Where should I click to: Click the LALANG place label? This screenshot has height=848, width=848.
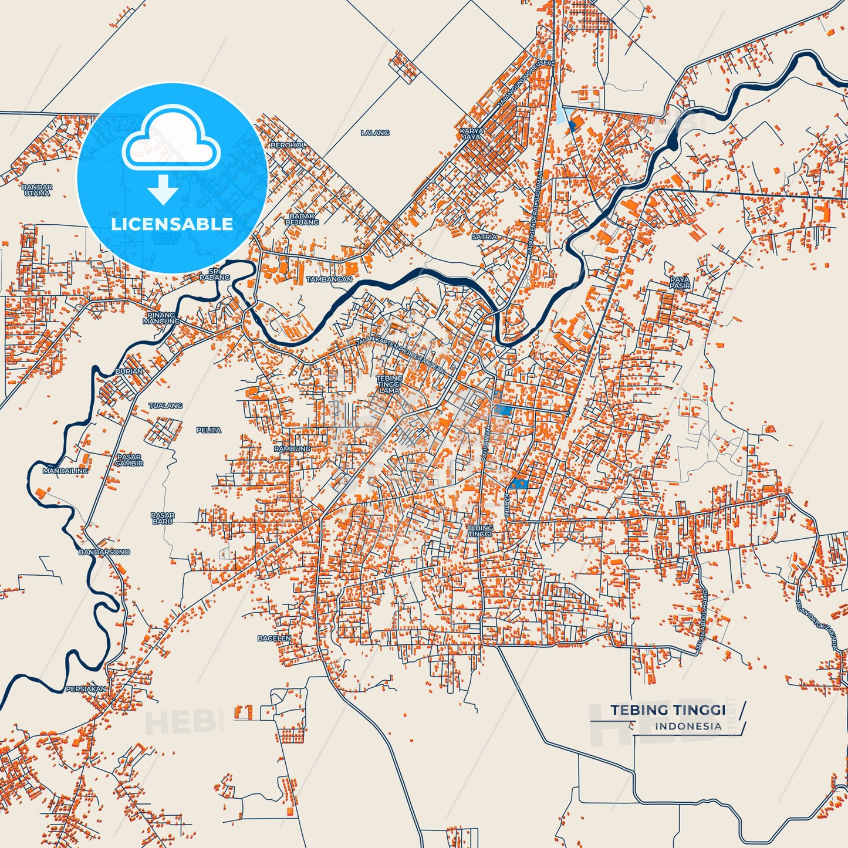tap(375, 133)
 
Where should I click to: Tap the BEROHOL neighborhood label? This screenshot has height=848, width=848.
tap(288, 145)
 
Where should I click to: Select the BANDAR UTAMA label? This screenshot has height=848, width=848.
tap(37, 190)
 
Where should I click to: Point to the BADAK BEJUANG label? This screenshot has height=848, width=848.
tap(302, 219)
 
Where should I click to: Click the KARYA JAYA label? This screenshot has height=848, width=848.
tap(471, 134)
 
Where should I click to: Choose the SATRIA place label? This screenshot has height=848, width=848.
tap(484, 237)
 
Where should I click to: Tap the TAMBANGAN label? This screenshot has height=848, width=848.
tap(329, 279)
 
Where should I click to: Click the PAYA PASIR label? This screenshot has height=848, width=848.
tap(680, 283)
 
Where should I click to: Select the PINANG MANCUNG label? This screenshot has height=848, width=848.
tap(161, 318)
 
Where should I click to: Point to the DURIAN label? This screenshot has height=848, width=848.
tap(129, 371)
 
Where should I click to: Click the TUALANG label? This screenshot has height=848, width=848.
tap(165, 406)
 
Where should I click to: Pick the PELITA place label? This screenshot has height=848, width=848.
tap(209, 430)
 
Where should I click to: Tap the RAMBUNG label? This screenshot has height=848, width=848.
tap(292, 449)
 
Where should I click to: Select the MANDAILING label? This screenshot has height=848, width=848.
tap(65, 471)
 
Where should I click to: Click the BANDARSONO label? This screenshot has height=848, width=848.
tap(104, 552)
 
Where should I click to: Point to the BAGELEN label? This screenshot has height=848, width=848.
tap(274, 638)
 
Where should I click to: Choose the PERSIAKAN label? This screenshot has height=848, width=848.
tap(86, 689)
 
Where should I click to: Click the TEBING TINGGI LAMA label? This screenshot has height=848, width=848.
tap(389, 384)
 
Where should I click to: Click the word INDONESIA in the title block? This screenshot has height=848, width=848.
tap(688, 727)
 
